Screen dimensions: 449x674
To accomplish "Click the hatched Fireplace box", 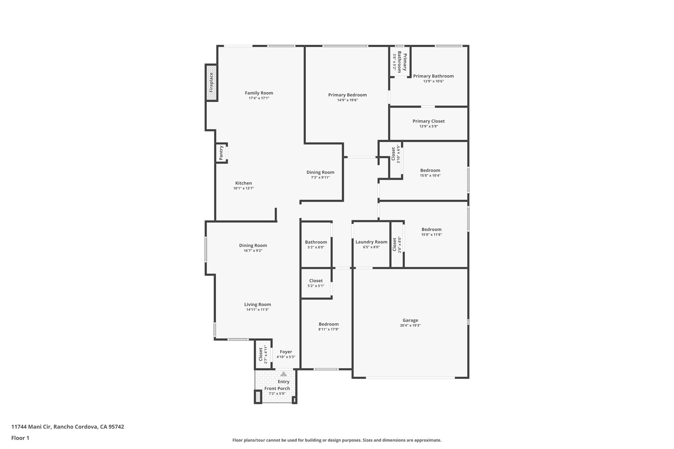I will point(211,82).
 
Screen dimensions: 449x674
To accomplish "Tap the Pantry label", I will point(221,153).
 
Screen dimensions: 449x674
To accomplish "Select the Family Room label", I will point(259,93).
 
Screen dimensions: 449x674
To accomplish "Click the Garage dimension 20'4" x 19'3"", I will point(410,325).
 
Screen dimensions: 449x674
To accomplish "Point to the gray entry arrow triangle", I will point(283,374).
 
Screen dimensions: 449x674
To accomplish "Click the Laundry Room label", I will point(371,242).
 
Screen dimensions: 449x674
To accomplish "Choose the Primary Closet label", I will point(428,121).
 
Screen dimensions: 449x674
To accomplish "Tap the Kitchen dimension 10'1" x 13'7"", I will point(243,188).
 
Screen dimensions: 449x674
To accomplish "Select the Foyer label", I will point(286,352).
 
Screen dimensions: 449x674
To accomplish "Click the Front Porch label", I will point(277,388).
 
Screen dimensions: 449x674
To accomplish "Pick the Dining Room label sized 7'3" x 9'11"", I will point(320,172).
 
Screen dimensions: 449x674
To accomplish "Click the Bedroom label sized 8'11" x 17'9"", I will point(328,324).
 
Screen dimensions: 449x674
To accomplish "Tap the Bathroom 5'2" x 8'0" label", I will point(316,242).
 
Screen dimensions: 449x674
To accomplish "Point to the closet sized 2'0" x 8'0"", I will point(397,244).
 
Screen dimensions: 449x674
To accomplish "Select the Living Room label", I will point(257,305).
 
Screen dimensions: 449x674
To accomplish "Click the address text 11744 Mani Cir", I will point(31,427).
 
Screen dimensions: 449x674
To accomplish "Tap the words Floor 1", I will point(20,438).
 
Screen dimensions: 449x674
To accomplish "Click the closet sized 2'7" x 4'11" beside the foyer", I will point(263,354).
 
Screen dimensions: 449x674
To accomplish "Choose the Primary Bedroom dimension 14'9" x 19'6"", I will point(347,100).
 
